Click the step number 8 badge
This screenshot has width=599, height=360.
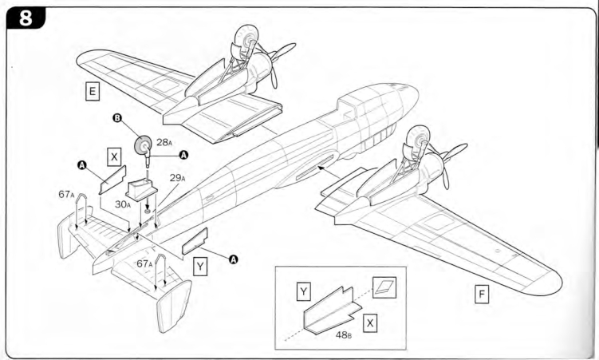click(26, 18)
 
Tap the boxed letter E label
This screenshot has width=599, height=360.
click(92, 92)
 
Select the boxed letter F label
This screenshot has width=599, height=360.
click(482, 295)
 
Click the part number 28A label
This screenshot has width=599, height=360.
click(164, 143)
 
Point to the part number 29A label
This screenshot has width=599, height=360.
click(178, 178)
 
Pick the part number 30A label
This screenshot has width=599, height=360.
click(123, 204)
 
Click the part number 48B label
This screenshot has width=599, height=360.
click(344, 334)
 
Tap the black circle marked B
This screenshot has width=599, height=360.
click(117, 117)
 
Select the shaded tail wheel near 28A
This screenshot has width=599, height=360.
click(143, 144)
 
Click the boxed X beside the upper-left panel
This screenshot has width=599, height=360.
click(114, 156)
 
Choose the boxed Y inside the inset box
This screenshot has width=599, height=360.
click(303, 292)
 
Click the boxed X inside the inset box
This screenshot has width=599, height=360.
click(370, 323)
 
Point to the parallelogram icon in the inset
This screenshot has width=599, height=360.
click(384, 287)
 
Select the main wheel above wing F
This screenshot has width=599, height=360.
click(416, 142)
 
